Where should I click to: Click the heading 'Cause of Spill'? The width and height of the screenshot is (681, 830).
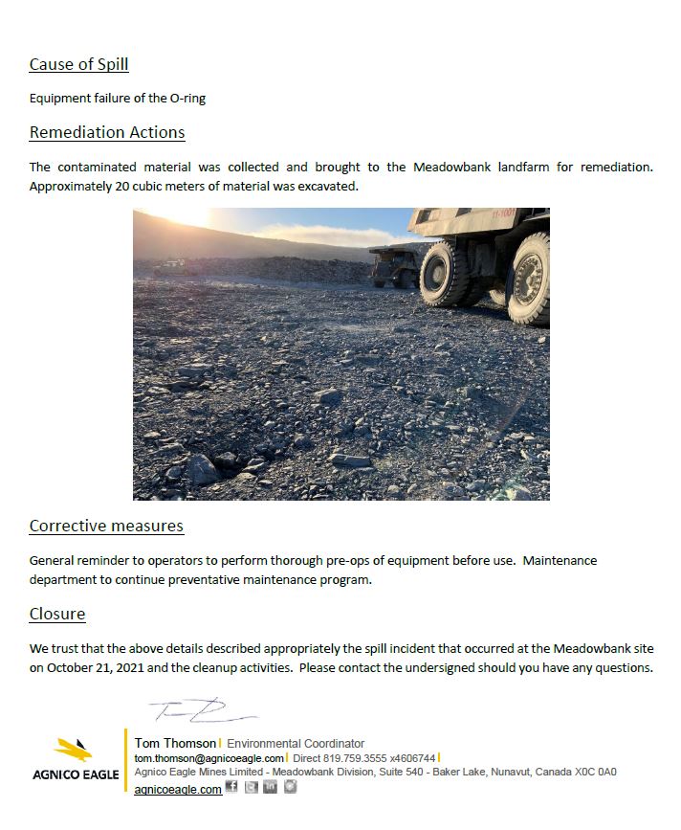tap(78, 65)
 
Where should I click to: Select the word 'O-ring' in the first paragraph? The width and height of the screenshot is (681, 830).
tap(186, 98)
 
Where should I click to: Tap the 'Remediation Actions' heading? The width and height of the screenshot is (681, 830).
tap(107, 132)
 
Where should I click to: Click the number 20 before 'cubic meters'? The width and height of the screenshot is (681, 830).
tap(122, 186)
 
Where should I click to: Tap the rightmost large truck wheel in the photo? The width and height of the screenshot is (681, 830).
tap(529, 279)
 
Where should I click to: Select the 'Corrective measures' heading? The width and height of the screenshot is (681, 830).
tap(106, 526)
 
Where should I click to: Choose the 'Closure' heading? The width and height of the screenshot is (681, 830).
tap(57, 614)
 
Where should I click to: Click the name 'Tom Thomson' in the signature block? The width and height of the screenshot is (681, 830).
tap(175, 743)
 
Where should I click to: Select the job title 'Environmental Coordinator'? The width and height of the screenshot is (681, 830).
tap(296, 743)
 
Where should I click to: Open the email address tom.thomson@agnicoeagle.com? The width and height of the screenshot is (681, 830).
tap(209, 757)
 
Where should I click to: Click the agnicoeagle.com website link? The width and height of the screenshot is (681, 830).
tap(178, 789)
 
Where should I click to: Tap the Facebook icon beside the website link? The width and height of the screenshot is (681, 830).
tap(231, 788)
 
